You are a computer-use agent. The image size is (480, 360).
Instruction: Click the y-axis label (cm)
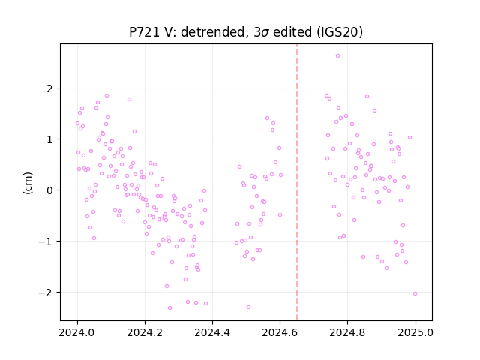pos(28,183)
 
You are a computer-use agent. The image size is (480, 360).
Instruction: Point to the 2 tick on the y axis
pos(50,89)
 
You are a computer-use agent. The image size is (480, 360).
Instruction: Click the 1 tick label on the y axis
pos(50,139)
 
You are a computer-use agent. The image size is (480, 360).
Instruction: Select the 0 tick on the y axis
pos(50,190)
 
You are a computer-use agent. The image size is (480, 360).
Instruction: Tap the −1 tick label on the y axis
pos(46,241)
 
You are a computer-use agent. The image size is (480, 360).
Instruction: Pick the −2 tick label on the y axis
pos(46,292)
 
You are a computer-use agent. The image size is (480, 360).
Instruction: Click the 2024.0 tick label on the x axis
pos(77,332)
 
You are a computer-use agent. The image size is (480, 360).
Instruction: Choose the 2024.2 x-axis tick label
pos(145,332)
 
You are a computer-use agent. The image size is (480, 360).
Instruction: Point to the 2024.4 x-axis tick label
pos(212,332)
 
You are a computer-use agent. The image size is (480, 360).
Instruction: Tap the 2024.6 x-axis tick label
pos(280,332)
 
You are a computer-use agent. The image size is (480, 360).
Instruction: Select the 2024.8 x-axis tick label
pos(347,332)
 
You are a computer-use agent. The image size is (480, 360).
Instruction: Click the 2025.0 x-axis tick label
pos(415,332)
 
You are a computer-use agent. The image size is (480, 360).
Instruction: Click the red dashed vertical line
pos(297,182)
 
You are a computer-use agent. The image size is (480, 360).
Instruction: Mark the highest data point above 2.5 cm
pos(338,56)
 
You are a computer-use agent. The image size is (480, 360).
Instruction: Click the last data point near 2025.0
pos(415,293)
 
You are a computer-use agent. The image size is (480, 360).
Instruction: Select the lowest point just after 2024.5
pos(248,307)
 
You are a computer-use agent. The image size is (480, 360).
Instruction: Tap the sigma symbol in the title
pos(265,33)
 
